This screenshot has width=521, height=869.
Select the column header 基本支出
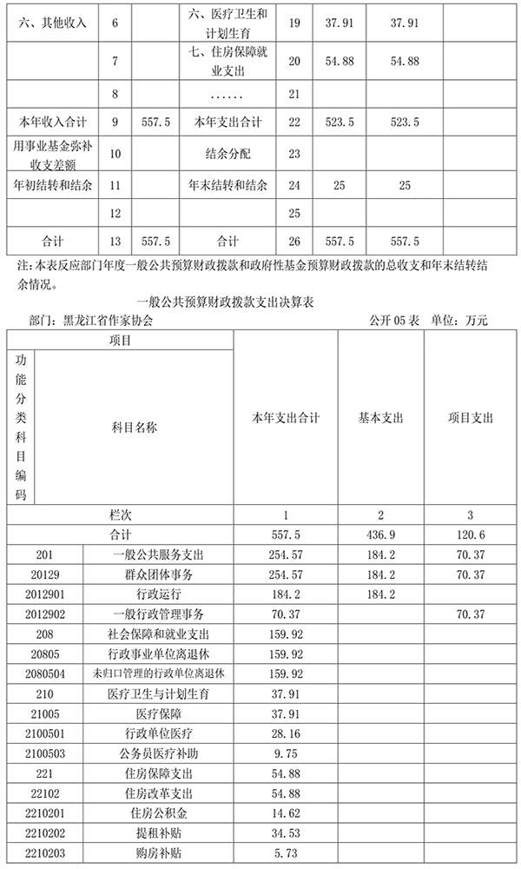[x=380, y=418]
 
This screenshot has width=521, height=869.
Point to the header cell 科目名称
[x=135, y=427]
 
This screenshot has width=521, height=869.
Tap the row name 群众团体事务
[x=159, y=574]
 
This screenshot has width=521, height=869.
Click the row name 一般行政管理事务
[x=159, y=614]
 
